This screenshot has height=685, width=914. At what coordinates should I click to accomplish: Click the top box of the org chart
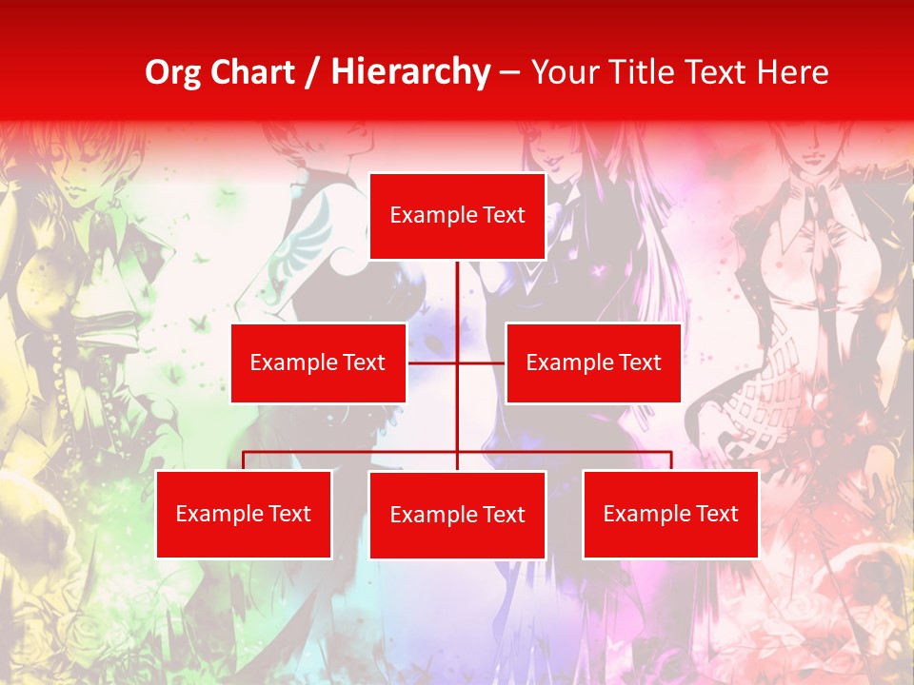(x=457, y=216)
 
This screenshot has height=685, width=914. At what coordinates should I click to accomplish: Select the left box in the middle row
(x=318, y=362)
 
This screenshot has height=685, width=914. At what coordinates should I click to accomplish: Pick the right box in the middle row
(x=593, y=362)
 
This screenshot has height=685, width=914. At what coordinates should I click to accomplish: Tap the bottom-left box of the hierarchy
(x=244, y=514)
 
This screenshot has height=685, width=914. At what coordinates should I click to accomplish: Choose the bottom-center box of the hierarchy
(x=457, y=515)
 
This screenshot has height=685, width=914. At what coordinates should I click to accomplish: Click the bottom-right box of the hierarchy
(x=670, y=514)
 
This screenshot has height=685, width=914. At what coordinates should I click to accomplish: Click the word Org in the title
(x=172, y=72)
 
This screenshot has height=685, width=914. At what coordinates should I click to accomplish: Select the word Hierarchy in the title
(x=409, y=72)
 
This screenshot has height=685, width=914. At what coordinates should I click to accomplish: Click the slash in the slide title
(x=312, y=72)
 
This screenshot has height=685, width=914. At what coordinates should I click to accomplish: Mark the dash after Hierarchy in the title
(x=509, y=72)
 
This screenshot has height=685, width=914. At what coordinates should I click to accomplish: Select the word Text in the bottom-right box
(x=717, y=514)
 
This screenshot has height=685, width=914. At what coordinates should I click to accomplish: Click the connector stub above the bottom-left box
(x=244, y=460)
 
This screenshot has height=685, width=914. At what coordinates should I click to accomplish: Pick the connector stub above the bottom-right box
(x=670, y=460)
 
